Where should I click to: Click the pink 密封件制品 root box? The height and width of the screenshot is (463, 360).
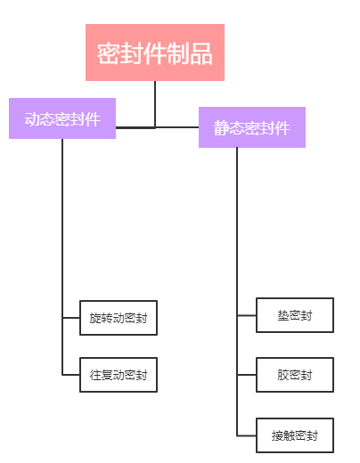[x=155, y=53]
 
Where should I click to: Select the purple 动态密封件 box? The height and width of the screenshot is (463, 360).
[x=62, y=118]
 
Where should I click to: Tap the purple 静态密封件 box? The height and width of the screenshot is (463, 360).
[x=252, y=127]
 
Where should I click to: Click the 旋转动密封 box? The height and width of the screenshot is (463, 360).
[x=119, y=318]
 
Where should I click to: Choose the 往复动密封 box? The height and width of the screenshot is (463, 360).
[x=119, y=375]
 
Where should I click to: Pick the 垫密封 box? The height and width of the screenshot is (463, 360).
[x=295, y=315]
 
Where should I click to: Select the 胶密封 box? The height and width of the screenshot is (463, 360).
[x=295, y=375]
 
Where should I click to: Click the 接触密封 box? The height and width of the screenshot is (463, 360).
[x=295, y=435]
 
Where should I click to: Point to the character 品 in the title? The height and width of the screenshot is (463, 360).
[x=201, y=53]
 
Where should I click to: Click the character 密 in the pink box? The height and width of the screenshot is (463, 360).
[x=109, y=53]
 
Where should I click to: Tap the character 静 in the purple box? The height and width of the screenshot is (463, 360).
[x=222, y=128]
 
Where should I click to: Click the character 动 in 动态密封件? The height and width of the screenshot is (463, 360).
[x=32, y=119]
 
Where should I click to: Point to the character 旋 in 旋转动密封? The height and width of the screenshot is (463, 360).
[x=95, y=318]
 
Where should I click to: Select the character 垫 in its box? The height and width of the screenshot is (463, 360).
[x=283, y=315]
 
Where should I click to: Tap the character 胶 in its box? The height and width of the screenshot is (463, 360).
[x=283, y=375]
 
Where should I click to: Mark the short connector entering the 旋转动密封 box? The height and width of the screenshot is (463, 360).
[x=71, y=318]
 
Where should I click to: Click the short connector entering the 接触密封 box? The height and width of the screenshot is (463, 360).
[x=247, y=435]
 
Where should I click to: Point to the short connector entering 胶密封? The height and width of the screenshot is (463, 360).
[x=247, y=375]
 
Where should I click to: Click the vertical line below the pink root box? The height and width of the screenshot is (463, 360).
[x=155, y=104]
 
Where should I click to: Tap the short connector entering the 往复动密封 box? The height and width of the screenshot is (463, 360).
[x=71, y=375]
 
